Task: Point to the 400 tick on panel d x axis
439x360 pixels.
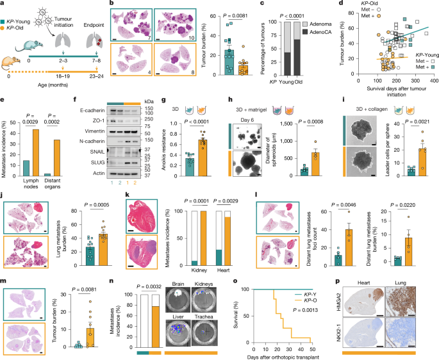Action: [x=433, y=100]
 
